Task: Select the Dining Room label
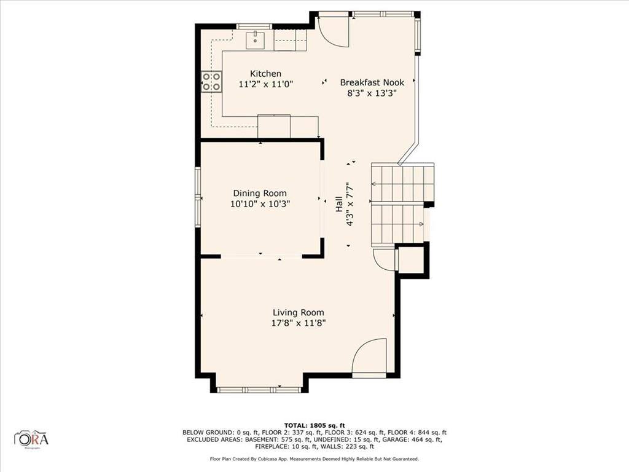[x=259, y=194]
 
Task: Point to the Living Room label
[x=299, y=312]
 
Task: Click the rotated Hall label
[x=339, y=205]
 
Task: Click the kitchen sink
[x=256, y=41]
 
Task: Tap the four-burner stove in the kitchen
[x=212, y=82]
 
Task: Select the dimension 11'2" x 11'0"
[x=265, y=84]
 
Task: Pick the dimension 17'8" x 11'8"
[x=299, y=323]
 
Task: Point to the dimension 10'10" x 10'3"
[x=259, y=204]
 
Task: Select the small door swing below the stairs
[x=385, y=259]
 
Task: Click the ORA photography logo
[x=31, y=438]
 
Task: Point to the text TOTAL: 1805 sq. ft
[x=314, y=425]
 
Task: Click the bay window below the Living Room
[x=260, y=389]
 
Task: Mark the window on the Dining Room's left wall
[x=198, y=197]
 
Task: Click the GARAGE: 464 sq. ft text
[x=415, y=439]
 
